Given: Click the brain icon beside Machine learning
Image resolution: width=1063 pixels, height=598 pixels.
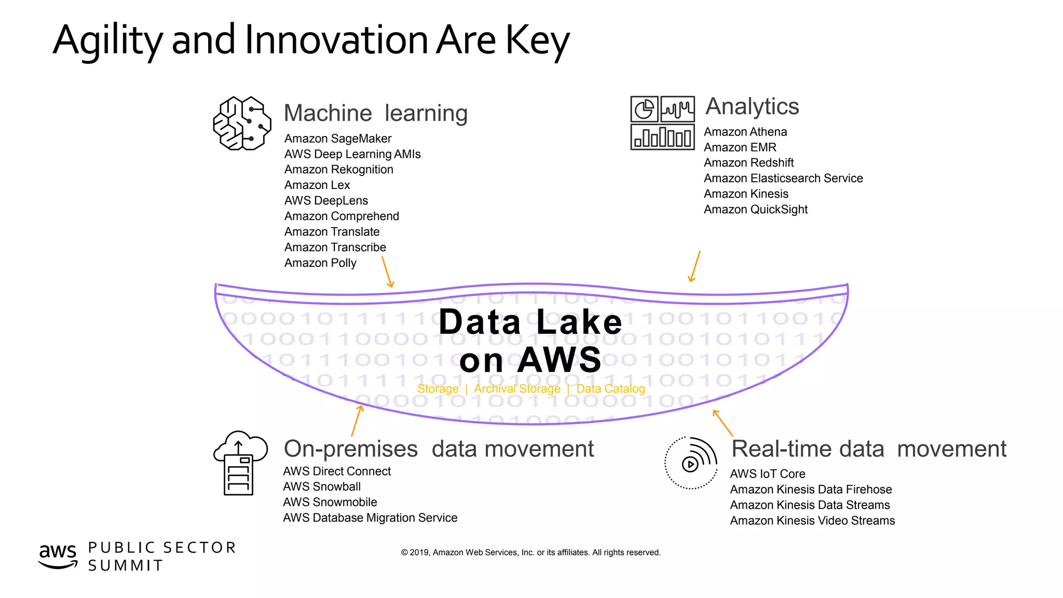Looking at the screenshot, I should [242, 124].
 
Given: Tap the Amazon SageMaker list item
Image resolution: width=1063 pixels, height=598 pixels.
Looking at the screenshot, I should [337, 139].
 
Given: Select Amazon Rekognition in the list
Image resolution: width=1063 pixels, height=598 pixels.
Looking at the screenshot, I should [338, 170].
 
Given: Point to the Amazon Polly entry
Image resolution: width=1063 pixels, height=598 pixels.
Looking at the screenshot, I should [320, 263].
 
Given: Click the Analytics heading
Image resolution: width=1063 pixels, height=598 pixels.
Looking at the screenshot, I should [752, 107].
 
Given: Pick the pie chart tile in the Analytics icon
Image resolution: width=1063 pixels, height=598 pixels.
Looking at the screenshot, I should [644, 110].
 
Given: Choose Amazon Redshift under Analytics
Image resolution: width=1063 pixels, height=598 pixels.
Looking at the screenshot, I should [748, 163].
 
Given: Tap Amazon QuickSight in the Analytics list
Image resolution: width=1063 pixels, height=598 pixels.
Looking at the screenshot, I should [755, 210].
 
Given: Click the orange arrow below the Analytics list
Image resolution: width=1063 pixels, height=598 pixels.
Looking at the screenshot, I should [694, 266].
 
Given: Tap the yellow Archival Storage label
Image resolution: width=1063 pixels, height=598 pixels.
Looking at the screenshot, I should [517, 389].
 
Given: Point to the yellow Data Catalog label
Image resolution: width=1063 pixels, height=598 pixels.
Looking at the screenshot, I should [610, 389].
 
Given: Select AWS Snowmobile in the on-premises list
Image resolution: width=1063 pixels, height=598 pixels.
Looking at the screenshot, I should [330, 502].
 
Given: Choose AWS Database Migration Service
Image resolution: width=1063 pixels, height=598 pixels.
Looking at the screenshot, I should [370, 518].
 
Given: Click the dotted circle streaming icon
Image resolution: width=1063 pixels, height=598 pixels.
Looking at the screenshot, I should [690, 463].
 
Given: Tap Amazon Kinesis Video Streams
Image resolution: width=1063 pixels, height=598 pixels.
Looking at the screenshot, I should [812, 521].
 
